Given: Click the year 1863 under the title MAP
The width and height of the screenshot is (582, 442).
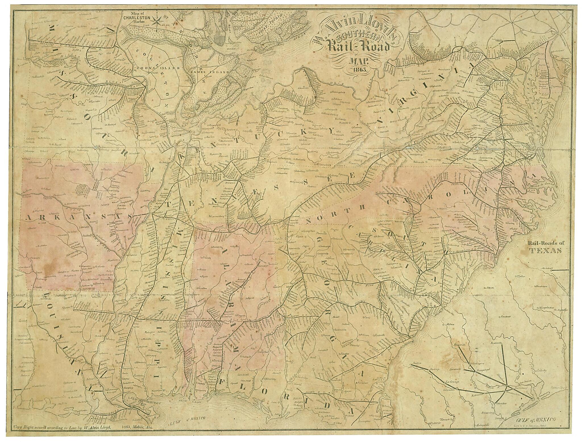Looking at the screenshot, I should point(359,69).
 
